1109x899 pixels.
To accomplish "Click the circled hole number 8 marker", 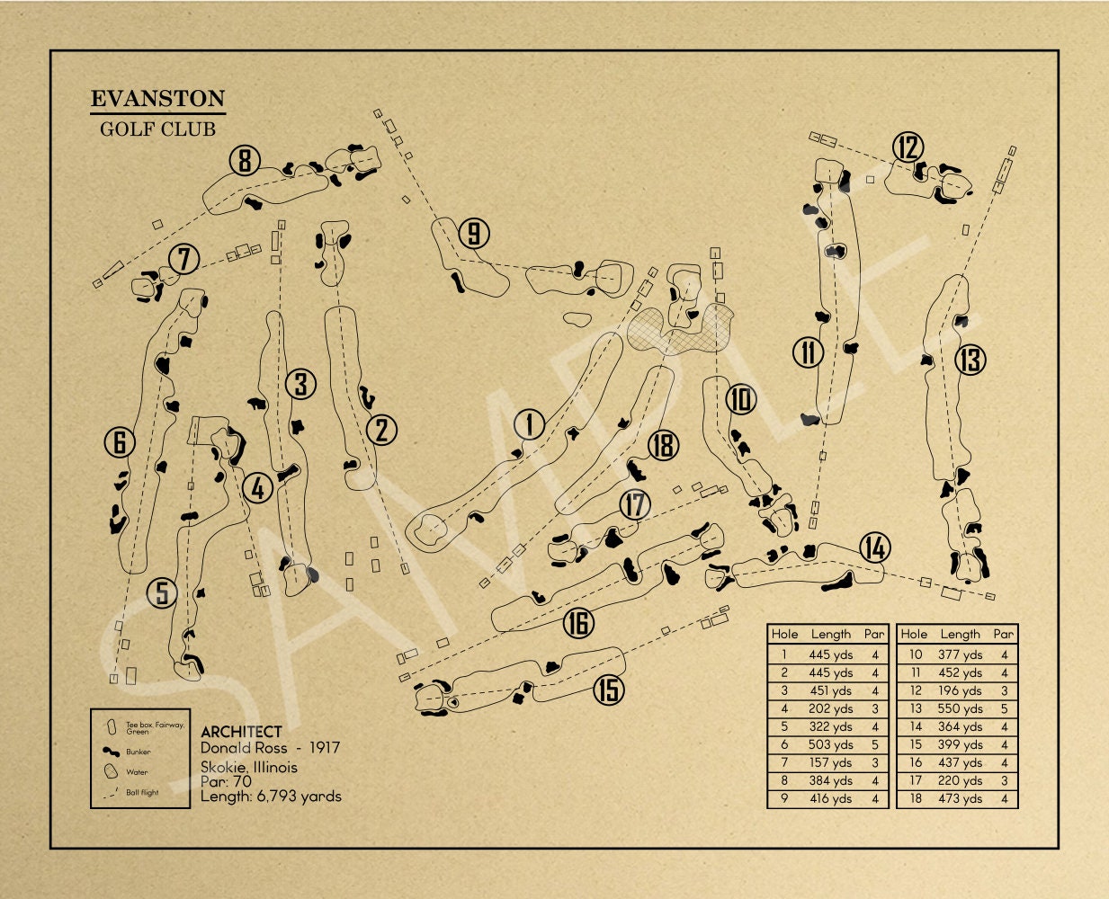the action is [245, 161].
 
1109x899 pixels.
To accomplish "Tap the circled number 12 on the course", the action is [908, 147].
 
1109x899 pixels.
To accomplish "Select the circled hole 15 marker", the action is [609, 690].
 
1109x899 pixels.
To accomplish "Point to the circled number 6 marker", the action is [120, 442].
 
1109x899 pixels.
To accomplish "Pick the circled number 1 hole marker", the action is [530, 424].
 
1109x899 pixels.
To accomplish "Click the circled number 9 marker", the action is [474, 233].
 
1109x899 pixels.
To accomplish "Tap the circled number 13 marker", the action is [970, 360].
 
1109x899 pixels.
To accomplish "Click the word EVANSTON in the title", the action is [157, 98].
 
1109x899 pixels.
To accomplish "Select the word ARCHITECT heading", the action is [241, 732].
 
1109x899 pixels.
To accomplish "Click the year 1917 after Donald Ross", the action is [325, 748].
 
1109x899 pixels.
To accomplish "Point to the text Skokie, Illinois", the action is [249, 768].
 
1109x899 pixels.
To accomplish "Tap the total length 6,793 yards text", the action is [299, 797].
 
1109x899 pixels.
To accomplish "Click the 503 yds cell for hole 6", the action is [830, 745].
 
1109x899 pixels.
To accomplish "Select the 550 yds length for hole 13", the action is [960, 708].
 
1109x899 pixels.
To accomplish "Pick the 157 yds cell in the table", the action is [831, 762].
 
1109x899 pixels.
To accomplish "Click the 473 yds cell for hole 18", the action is [960, 798].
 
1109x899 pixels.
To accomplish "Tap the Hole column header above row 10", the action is [914, 634].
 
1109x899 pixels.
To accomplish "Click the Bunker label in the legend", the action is [139, 752].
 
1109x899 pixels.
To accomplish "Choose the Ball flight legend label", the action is [142, 793].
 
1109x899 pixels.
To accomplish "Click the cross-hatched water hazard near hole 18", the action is [680, 331].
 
